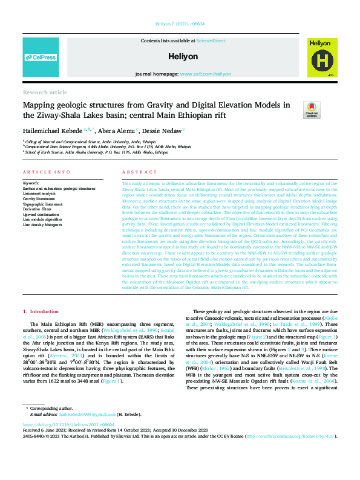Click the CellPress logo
[x=41, y=57]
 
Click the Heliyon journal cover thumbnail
[x=319, y=57]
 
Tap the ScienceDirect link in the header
[x=211, y=41]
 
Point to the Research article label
[x=45, y=92]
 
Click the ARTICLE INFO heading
[x=41, y=172]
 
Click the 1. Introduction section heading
[x=41, y=311]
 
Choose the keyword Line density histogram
[x=41, y=224]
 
